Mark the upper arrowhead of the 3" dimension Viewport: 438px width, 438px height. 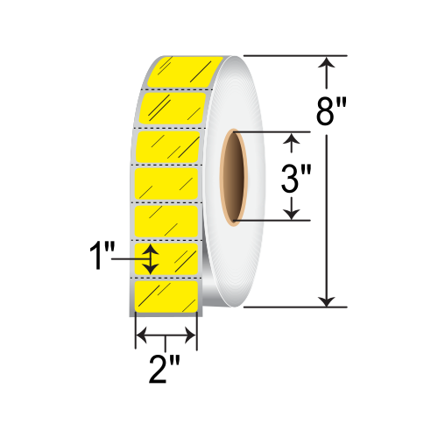[x=293, y=138]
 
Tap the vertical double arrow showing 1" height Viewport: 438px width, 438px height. [x=152, y=258]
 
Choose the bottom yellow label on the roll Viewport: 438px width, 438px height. [x=166, y=296]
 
